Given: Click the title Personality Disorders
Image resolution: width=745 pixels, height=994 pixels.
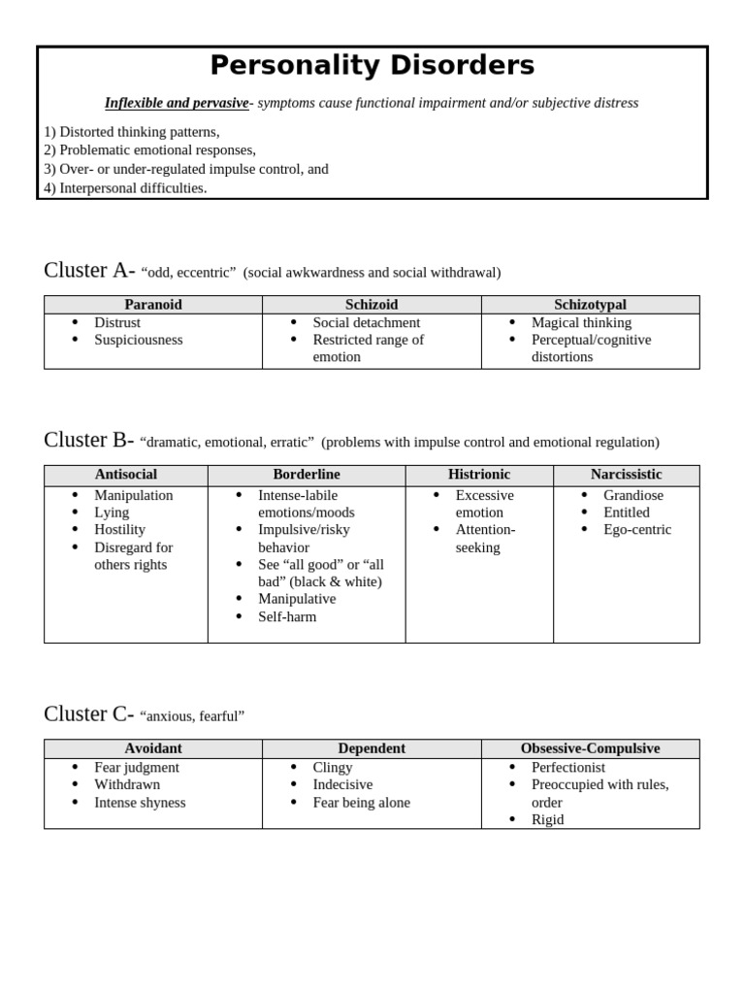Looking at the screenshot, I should tap(372, 65).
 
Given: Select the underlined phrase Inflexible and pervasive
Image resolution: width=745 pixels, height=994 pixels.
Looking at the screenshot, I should tap(177, 103).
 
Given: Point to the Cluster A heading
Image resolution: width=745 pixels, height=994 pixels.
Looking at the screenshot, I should tap(89, 271).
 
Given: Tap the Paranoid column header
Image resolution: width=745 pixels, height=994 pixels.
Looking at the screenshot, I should tap(153, 305).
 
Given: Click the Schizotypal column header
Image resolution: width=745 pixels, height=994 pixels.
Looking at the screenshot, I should tap(590, 305).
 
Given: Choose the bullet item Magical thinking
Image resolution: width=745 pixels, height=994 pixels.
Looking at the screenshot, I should tap(581, 322).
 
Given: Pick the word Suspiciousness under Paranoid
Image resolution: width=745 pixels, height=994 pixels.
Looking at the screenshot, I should tap(138, 340).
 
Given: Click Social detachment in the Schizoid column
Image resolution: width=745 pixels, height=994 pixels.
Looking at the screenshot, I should tap(366, 322).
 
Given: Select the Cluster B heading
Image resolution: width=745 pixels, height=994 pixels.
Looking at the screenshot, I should tap(88, 441).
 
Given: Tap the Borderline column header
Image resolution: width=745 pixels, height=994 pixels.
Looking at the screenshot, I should tap(307, 475).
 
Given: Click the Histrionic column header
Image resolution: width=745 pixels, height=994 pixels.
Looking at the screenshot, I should tap(479, 475).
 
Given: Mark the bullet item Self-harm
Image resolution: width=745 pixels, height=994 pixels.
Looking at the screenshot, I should tap(287, 616).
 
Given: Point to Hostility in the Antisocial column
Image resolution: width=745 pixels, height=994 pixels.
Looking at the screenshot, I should tap(119, 529).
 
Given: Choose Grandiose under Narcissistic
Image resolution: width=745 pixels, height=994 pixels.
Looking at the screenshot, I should tap(633, 495).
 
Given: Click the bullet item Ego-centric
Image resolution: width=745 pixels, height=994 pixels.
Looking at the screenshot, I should tap(637, 529).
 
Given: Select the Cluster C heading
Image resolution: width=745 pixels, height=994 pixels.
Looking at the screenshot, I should tap(88, 714).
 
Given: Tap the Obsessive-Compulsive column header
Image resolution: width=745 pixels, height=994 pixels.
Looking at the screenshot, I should tap(590, 748).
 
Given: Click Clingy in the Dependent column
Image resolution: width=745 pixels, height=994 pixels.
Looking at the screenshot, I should tap(333, 767).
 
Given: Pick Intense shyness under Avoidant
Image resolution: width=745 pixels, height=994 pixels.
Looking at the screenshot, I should tap(140, 802).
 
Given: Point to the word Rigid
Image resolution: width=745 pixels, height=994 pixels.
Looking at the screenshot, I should tap(547, 819).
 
